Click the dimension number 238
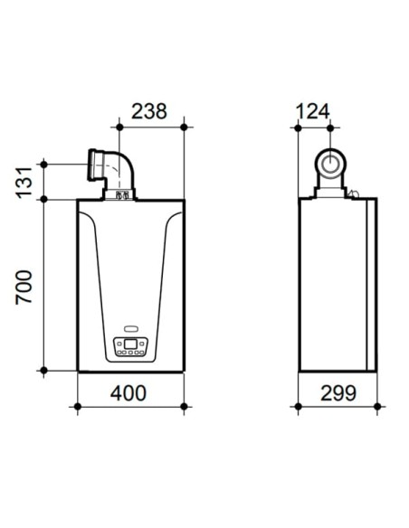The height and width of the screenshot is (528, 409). pos(149,111)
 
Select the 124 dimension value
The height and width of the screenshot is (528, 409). pos(313,111)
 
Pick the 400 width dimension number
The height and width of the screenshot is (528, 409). pos(131,393)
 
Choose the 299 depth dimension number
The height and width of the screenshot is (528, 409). pos(338,393)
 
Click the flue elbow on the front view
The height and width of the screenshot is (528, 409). pos(114,168)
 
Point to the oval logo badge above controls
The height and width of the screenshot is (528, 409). pos(131,328)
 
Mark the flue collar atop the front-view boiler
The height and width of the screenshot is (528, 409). pos(119,193)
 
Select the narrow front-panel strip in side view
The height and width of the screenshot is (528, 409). pos(371,285)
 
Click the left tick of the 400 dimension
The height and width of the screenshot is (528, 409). pos(78,406)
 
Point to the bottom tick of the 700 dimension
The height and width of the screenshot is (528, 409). pos(43,371)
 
